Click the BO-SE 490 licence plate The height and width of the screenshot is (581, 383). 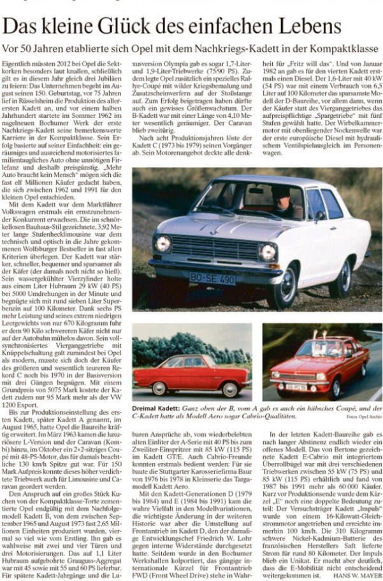click(x=212, y=279)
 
